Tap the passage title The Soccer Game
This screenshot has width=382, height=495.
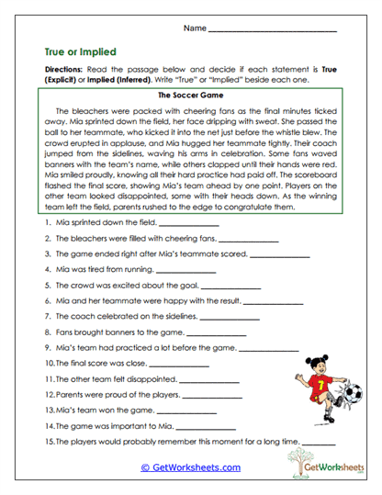click(191, 95)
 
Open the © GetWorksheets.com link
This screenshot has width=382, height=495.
click(190, 467)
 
